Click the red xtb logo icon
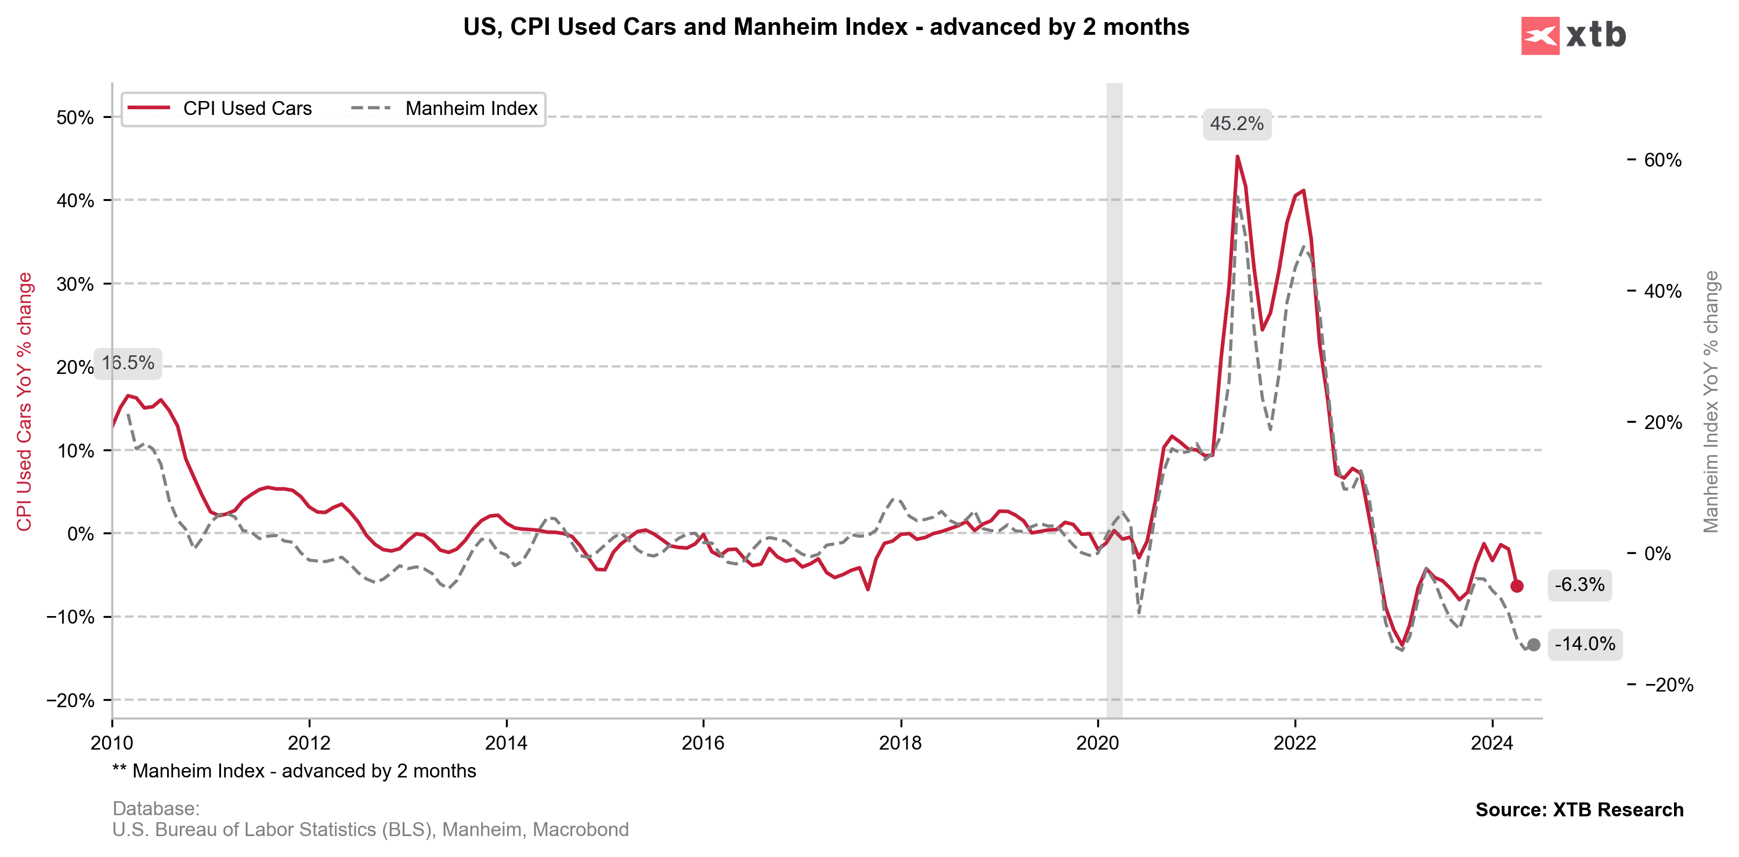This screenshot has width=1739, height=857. point(1540,36)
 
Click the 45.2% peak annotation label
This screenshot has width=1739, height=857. point(1236,124)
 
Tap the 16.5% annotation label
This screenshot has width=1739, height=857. point(128,363)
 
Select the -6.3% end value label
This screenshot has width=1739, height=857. point(1579,585)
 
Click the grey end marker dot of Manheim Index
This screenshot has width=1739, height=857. point(1534,645)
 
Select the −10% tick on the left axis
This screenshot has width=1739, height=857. point(70,617)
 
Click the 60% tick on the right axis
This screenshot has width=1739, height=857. point(1662,160)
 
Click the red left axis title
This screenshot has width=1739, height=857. point(24,402)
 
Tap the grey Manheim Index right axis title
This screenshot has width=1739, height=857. point(1711,402)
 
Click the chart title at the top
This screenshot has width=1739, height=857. point(826,27)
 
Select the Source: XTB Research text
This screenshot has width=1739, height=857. point(1579,810)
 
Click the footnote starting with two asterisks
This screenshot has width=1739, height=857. point(294,771)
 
